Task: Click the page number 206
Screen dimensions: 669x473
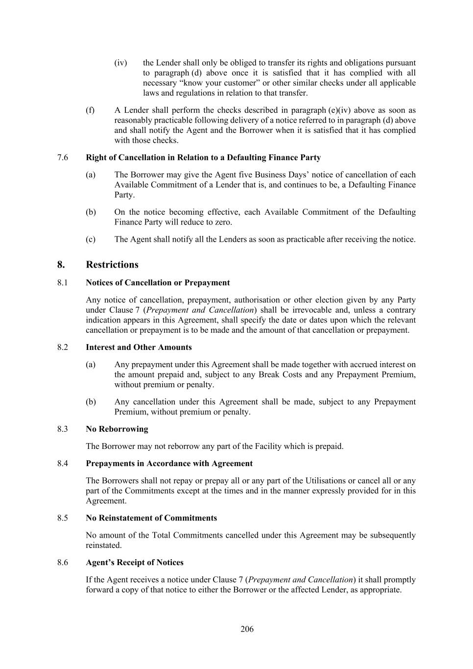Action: [x=247, y=629]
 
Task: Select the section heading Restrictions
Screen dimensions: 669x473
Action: [x=112, y=265]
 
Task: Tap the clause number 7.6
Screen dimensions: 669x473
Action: [x=63, y=157]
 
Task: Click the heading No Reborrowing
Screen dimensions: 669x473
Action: [x=117, y=429]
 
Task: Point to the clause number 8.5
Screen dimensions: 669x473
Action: [x=63, y=518]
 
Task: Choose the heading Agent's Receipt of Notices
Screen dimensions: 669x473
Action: [x=135, y=562]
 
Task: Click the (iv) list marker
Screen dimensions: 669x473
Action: [x=120, y=63]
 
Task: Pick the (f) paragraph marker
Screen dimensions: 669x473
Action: [x=90, y=110]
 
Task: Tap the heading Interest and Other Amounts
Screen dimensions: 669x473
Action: [x=139, y=347]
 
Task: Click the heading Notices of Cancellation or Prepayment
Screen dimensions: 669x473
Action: [x=158, y=282]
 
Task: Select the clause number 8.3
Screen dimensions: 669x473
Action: [x=63, y=429]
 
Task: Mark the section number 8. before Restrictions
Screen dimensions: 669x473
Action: [x=61, y=265]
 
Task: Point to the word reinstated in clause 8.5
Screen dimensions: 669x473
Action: [x=103, y=545]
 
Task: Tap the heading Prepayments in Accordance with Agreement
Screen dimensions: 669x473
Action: [x=169, y=463]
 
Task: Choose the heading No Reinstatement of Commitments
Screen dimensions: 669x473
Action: [x=151, y=518]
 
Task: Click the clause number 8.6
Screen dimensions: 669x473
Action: [x=63, y=562]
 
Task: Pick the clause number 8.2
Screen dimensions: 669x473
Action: [x=63, y=347]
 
